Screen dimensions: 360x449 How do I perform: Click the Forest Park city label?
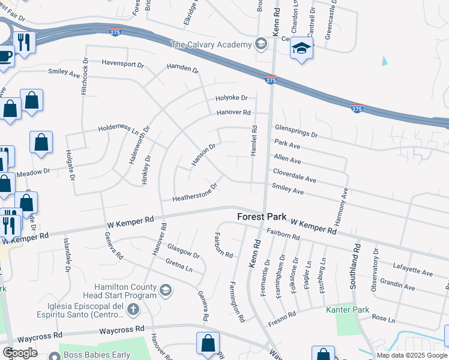click(x=262, y=217)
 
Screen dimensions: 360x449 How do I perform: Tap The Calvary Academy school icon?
click(x=261, y=44)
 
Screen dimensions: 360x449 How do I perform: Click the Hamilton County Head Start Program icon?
click(x=164, y=291)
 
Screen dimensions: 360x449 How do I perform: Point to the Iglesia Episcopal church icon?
click(x=133, y=310)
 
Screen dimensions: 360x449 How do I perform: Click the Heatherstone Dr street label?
click(x=194, y=193)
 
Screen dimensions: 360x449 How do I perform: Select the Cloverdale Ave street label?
click(x=294, y=175)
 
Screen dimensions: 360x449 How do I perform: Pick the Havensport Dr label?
click(x=123, y=63)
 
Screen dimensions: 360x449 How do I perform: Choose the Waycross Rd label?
click(x=122, y=329)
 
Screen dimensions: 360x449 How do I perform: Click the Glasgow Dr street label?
click(x=183, y=251)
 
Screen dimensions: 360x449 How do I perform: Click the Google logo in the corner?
click(x=20, y=353)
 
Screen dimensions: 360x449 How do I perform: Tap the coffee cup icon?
click(x=4, y=56)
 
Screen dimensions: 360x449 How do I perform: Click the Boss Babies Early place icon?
click(x=54, y=355)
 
